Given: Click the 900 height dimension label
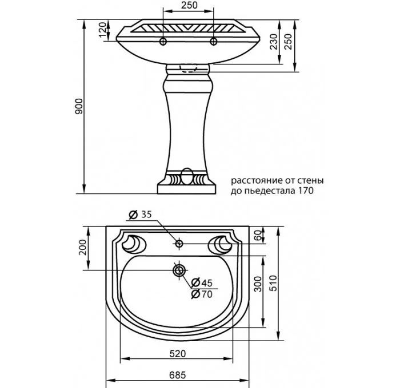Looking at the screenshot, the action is tap(79, 106).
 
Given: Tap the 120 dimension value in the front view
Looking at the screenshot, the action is tap(102, 30).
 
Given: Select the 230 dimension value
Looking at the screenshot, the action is tap(274, 42).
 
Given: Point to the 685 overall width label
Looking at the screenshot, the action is tap(178, 375).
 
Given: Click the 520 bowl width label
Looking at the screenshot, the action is tap(178, 354).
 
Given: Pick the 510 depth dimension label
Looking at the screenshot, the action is tap(273, 283).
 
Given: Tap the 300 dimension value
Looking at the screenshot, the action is tap(258, 284).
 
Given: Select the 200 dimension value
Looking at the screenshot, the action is tap(82, 247).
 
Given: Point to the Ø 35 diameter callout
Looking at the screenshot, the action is tap(140, 215).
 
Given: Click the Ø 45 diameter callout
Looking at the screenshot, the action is tap(202, 282).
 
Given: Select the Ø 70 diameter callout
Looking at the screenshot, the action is tap(202, 294).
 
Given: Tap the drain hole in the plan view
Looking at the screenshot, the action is tap(179, 270).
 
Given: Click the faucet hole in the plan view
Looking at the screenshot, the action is tap(179, 244).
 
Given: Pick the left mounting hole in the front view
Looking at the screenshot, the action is tap(163, 41).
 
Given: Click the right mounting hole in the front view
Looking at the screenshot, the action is tap(213, 41).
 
